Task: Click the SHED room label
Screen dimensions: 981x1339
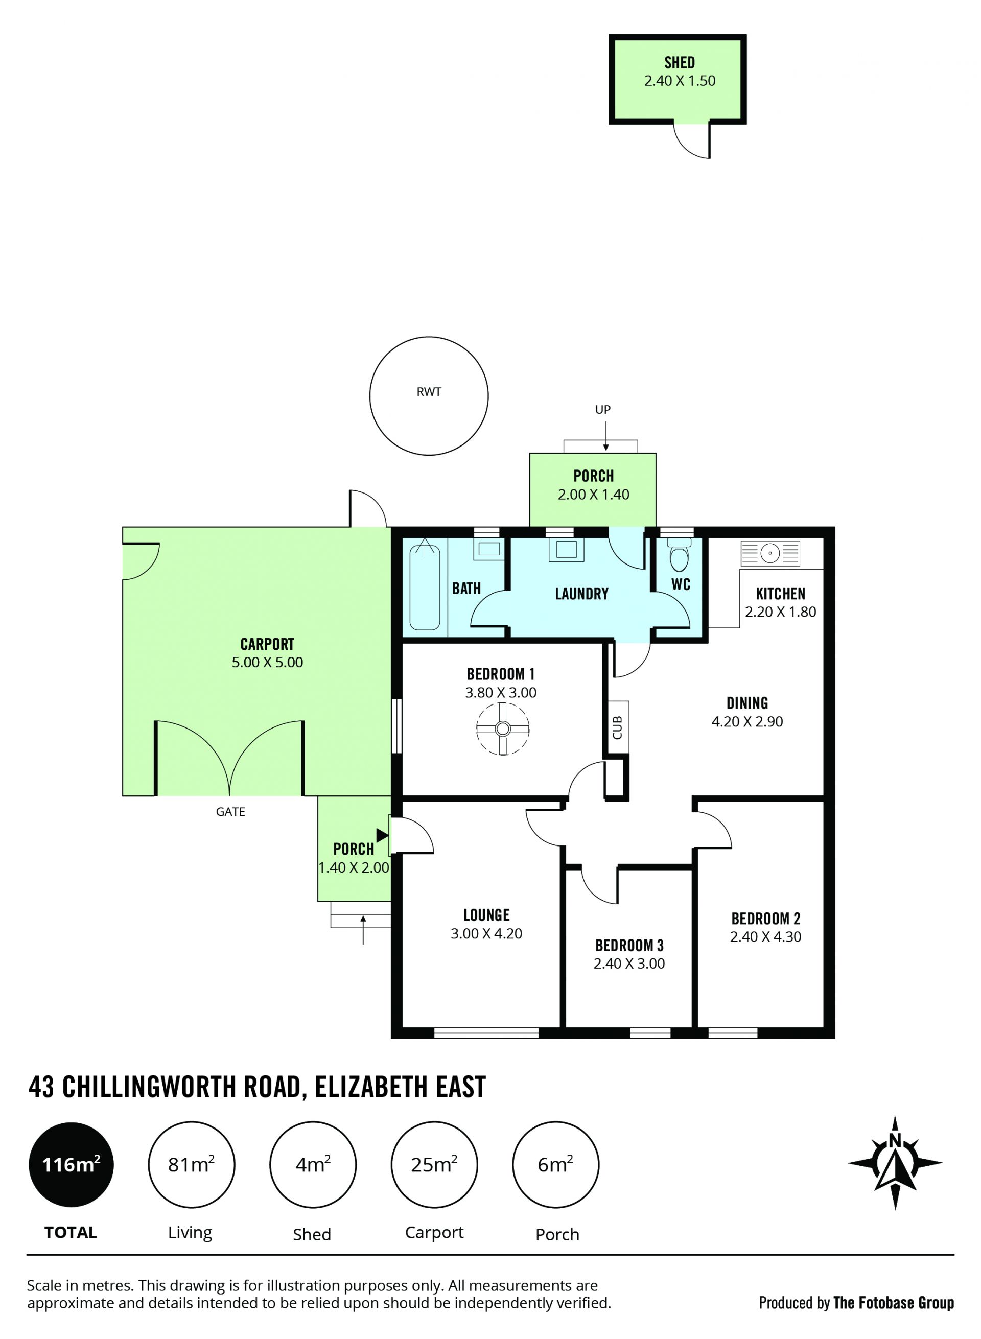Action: click(680, 62)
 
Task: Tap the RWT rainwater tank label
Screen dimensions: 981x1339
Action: click(429, 391)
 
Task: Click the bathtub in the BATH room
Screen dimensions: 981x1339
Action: click(425, 584)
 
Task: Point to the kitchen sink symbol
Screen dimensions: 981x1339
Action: click(770, 553)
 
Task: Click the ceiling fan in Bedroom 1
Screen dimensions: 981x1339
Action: click(502, 729)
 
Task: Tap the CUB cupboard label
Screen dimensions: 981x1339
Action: click(617, 727)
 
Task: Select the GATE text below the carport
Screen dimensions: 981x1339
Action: click(230, 812)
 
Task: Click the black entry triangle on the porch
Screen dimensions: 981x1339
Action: click(382, 835)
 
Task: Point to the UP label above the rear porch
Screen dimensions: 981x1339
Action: click(603, 409)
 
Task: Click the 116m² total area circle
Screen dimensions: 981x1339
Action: click(71, 1164)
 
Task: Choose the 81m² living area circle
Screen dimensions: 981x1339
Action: click(191, 1164)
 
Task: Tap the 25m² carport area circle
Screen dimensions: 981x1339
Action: click(434, 1164)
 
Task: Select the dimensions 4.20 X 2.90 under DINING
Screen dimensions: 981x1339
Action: click(747, 721)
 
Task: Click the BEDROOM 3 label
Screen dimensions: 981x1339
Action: click(629, 945)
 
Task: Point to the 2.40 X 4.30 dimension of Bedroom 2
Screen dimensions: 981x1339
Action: click(765, 936)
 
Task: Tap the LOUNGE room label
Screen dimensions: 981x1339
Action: click(486, 914)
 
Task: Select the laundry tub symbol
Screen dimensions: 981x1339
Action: click(566, 549)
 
